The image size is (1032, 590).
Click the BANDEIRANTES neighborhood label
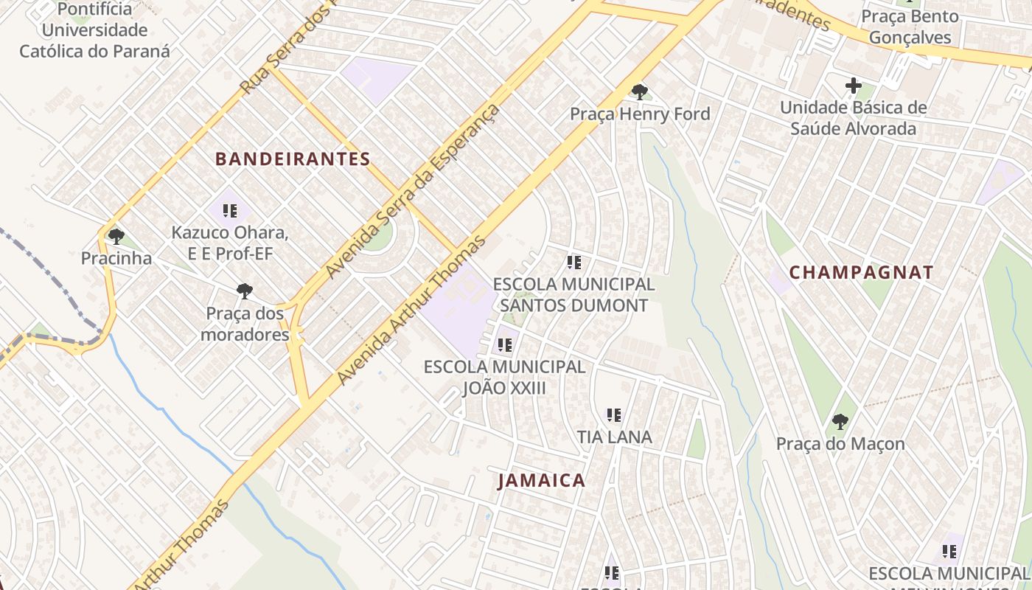pyautogui.click(x=293, y=159)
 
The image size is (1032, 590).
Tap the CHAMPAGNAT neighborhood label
pyautogui.click(x=861, y=272)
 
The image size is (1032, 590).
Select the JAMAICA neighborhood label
pyautogui.click(x=542, y=480)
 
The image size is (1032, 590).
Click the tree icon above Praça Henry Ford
pyautogui.click(x=639, y=92)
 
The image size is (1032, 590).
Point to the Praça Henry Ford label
pyautogui.click(x=640, y=114)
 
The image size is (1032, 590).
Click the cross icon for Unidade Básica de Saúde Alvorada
pyautogui.click(x=853, y=86)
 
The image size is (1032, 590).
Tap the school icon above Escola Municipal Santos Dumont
pyautogui.click(x=573, y=262)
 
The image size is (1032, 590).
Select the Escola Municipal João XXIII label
pyautogui.click(x=505, y=377)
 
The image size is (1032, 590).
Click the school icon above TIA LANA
pyautogui.click(x=614, y=415)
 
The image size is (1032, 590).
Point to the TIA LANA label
pyautogui.click(x=614, y=437)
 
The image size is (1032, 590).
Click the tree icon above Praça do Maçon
pyautogui.click(x=840, y=422)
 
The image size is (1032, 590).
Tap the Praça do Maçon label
pyautogui.click(x=840, y=444)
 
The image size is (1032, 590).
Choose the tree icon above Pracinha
pyautogui.click(x=116, y=237)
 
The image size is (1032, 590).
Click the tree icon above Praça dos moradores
pyautogui.click(x=245, y=291)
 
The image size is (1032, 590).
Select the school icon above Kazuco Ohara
pyautogui.click(x=229, y=211)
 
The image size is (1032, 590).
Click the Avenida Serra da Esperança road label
pyautogui.click(x=413, y=192)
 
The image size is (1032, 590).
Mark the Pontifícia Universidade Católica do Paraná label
pyautogui.click(x=94, y=30)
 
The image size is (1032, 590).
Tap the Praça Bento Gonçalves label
pyautogui.click(x=910, y=27)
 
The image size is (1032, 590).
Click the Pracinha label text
pyautogui.click(x=116, y=258)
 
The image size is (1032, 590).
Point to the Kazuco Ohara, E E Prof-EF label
pyautogui.click(x=229, y=243)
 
